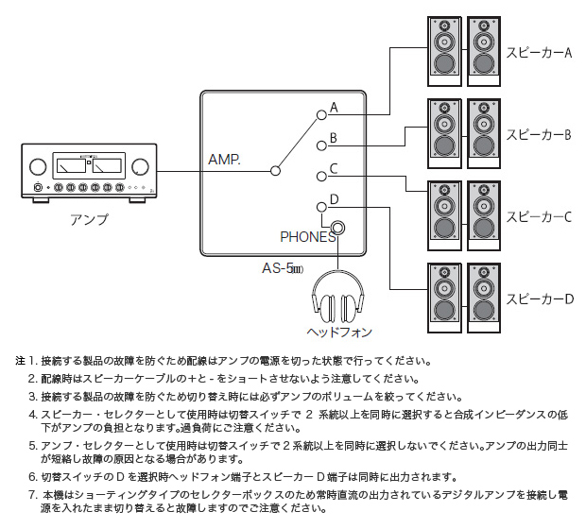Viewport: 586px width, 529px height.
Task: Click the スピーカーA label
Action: [x=539, y=53]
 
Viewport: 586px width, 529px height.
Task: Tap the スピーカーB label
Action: [x=539, y=134]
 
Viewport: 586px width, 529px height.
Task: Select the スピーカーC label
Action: [x=539, y=216]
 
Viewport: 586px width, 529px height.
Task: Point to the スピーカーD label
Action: [x=539, y=299]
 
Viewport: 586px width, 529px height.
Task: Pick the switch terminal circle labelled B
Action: [x=320, y=145]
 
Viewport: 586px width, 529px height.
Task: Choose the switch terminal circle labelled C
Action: [x=320, y=177]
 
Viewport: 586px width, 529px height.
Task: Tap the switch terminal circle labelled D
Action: [x=320, y=207]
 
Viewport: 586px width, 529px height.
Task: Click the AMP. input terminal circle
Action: [x=275, y=171]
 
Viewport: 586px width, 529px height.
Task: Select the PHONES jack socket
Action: [x=337, y=227]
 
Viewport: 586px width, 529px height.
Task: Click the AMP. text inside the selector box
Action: [x=224, y=162]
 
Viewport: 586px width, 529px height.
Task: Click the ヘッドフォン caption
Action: [x=338, y=333]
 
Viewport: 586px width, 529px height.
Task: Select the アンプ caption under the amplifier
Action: [x=89, y=219]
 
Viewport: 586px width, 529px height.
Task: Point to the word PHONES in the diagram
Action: [x=307, y=237]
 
